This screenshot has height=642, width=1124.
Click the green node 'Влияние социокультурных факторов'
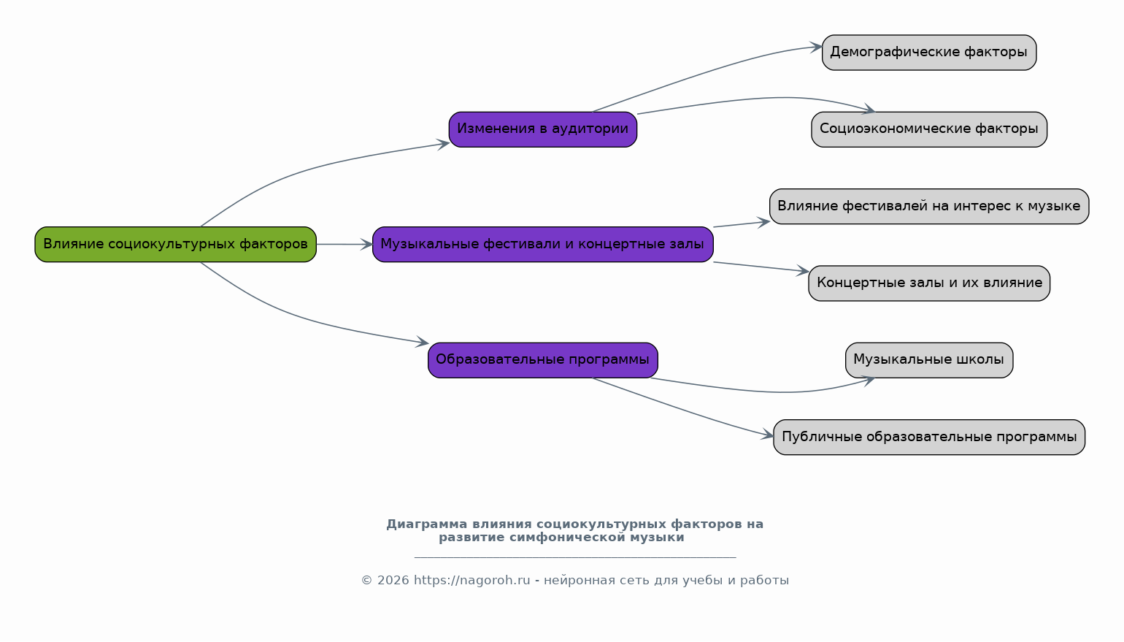(175, 244)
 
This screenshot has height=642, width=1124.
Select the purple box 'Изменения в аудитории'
(542, 129)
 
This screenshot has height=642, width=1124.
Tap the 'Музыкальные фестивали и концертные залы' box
(542, 244)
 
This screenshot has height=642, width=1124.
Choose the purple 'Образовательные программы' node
(542, 360)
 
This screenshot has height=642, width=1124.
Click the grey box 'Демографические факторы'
(928, 53)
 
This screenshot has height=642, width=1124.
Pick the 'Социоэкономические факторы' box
(928, 129)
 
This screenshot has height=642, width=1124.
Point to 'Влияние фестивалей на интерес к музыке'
(928, 206)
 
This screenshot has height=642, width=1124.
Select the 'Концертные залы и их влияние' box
(928, 283)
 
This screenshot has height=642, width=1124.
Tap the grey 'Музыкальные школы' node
(928, 360)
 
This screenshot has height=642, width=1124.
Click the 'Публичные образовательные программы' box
(928, 437)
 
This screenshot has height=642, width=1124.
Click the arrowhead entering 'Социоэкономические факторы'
(869, 110)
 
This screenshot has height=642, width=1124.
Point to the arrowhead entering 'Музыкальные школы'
(869, 379)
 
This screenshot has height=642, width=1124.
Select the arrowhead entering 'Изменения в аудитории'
(444, 144)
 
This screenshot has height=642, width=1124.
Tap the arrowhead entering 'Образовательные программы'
(423, 342)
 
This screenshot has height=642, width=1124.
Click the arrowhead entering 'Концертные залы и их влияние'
(804, 271)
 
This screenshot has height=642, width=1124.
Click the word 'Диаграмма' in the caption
(426, 524)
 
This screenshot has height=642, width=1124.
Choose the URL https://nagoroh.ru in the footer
(471, 581)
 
